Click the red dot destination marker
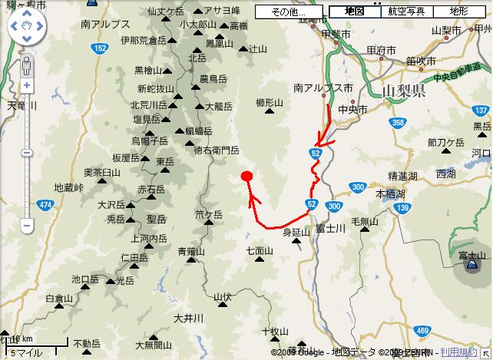point(246,176)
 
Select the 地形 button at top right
point(459,12)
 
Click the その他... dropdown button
point(291,12)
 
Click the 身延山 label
point(296,231)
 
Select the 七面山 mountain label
point(260,250)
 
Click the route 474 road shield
point(45,205)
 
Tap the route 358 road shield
point(397,122)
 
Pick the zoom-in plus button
point(27,85)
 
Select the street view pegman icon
point(27,65)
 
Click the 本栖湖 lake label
point(388,195)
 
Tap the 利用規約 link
point(458,352)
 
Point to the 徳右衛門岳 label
point(217,150)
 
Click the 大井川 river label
point(187,318)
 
